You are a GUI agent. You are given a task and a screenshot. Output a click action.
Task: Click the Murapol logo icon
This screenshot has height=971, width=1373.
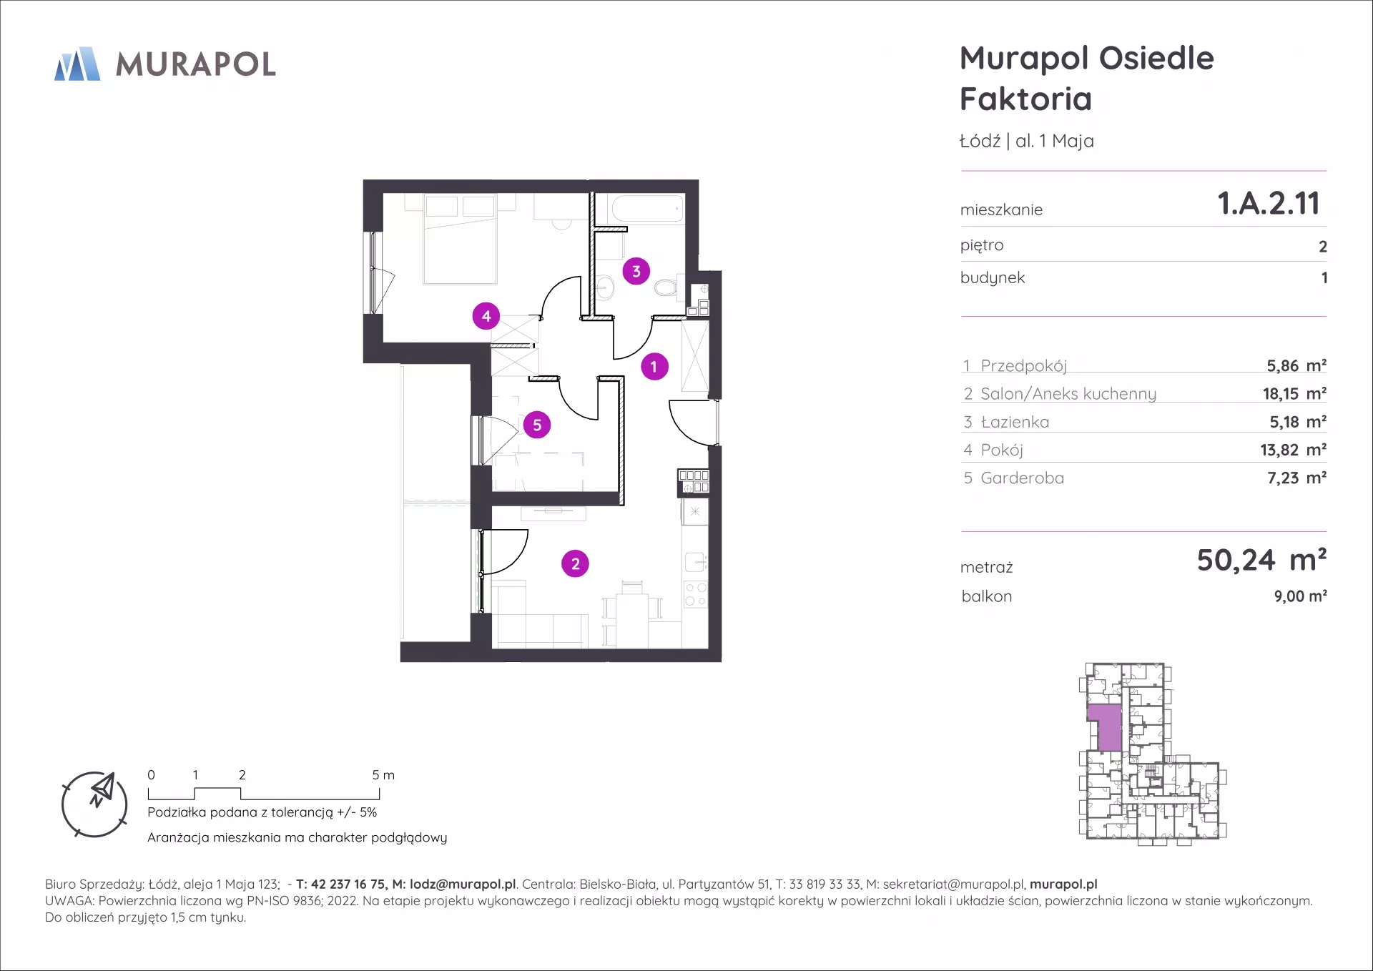point(77,64)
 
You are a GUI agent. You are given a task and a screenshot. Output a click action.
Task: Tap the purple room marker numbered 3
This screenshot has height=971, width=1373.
point(636,272)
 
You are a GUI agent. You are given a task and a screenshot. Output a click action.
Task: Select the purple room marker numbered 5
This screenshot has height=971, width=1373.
point(537,425)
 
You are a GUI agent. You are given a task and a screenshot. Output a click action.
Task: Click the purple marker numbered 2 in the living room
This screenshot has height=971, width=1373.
point(576,563)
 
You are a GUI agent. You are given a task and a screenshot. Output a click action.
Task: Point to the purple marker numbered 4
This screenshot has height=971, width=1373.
point(486,316)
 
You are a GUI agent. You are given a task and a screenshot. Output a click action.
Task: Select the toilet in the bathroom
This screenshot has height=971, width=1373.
point(666,287)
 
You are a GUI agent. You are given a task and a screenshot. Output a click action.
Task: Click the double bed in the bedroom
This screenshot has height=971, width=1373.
point(460,240)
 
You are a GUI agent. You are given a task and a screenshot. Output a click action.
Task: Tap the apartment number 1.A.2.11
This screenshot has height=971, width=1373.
point(1269,203)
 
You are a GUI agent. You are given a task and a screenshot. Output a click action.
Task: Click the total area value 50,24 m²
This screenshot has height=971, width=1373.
point(1262,560)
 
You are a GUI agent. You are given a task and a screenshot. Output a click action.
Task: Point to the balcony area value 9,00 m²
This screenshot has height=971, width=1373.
point(1301,596)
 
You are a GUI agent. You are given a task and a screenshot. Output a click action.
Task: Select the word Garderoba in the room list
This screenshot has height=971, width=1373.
point(1023,478)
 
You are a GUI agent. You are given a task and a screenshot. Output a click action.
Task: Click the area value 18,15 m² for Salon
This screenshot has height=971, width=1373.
point(1294,393)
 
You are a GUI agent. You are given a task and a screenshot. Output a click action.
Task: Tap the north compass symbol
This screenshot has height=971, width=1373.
point(94,804)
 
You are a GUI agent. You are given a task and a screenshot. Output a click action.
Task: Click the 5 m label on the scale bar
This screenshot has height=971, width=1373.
point(383,775)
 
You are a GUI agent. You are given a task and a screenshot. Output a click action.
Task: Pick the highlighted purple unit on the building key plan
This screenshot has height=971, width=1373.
point(1105,727)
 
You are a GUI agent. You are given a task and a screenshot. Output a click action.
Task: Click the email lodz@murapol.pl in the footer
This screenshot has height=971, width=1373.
point(463,884)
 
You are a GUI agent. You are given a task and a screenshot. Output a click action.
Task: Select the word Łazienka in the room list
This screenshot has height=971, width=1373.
point(1015,422)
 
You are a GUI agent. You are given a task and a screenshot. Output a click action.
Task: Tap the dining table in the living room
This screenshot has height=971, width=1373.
point(632,620)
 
